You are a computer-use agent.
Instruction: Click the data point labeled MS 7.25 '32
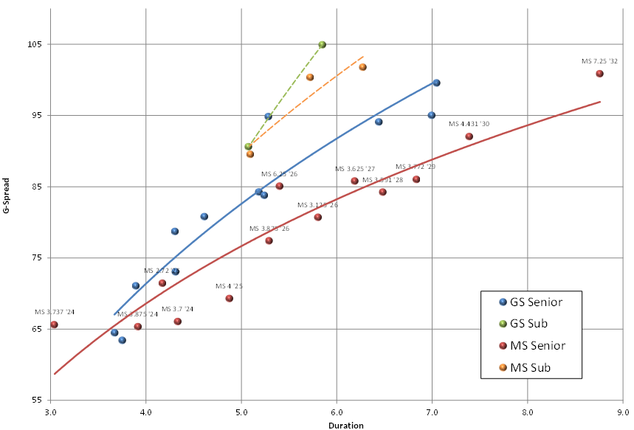coord(599,74)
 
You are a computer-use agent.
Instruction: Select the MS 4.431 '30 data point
coord(469,136)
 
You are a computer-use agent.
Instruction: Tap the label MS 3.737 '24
coord(55,312)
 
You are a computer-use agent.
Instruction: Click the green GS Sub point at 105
coord(322,45)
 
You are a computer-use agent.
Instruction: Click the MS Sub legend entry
coord(526,367)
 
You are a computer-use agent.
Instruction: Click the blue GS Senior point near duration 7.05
coord(436,83)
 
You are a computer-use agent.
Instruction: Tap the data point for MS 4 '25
coord(229,299)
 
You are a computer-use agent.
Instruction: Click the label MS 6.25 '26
coord(279,174)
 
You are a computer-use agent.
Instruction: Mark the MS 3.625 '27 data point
coord(354,181)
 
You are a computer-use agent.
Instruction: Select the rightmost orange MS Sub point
coord(362,67)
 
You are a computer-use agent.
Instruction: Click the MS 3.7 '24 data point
coord(177,322)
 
